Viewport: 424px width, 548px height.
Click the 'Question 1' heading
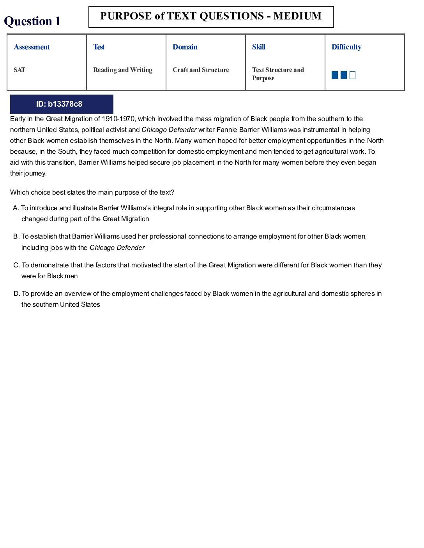(x=32, y=21)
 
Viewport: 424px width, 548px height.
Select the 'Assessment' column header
(x=32, y=47)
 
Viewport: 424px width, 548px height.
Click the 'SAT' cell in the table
(x=19, y=70)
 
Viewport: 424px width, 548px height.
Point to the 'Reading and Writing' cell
(x=123, y=70)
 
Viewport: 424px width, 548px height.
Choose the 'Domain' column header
(x=185, y=47)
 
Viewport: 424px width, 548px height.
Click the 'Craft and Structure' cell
(x=201, y=70)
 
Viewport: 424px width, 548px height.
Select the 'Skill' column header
(x=259, y=47)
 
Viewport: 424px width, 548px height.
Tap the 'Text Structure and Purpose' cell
(x=278, y=74)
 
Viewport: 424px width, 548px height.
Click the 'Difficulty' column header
(x=346, y=47)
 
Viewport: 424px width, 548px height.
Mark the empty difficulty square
(x=353, y=75)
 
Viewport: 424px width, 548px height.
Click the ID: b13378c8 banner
(x=62, y=104)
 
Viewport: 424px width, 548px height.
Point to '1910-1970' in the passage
(x=118, y=119)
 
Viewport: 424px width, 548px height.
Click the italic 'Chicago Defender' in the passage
(x=169, y=130)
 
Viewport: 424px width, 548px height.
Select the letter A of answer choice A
(x=15, y=208)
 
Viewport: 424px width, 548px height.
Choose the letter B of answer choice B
(x=16, y=237)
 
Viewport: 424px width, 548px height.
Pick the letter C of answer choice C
(x=16, y=265)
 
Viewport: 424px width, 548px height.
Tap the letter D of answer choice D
(x=16, y=294)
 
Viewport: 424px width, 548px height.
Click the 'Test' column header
(x=99, y=47)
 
